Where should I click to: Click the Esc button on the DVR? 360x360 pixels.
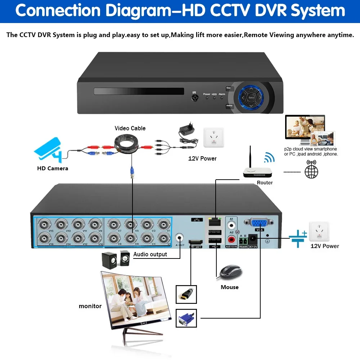[x=229, y=88]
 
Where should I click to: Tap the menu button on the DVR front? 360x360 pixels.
[x=229, y=106]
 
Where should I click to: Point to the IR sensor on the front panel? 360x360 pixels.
[x=194, y=97]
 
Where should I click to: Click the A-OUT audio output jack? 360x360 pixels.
[x=180, y=238]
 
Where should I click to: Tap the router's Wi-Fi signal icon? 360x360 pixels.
[x=269, y=157]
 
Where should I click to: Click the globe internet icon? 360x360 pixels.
[x=311, y=171]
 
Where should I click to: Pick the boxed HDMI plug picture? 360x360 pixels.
[x=186, y=294]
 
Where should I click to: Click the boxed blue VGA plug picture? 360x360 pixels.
[x=186, y=318]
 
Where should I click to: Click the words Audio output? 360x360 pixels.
[x=150, y=254]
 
